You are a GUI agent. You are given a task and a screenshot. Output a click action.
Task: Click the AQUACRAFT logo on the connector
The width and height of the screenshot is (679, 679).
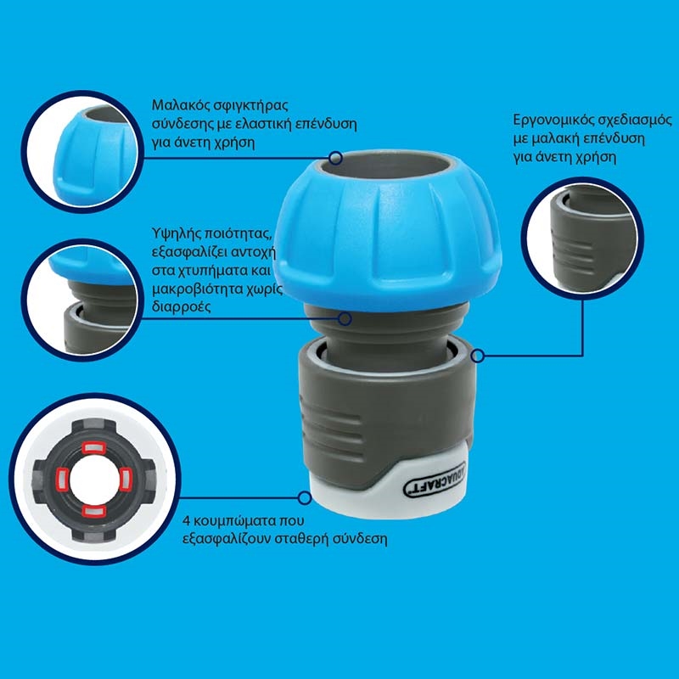click(435, 480)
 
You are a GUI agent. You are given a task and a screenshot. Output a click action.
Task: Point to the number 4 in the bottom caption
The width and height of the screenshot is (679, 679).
click(187, 520)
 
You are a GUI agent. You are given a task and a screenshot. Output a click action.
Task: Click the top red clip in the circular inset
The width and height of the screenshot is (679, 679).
click(95, 446)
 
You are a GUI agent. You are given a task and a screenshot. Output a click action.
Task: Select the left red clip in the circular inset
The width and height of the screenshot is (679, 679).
click(61, 480)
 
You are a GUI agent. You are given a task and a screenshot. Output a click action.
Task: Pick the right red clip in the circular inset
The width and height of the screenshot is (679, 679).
click(125, 480)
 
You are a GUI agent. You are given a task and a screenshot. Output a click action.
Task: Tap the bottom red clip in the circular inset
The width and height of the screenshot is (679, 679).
click(94, 512)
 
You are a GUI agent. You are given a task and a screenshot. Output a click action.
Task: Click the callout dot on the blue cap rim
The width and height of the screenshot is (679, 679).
click(335, 158)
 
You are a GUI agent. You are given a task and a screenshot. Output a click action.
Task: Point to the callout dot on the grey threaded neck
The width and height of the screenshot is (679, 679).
click(345, 319)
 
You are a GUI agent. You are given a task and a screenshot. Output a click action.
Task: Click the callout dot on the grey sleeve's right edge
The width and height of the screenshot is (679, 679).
click(478, 356)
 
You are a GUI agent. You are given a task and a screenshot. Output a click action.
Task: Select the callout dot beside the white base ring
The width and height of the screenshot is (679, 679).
click(305, 497)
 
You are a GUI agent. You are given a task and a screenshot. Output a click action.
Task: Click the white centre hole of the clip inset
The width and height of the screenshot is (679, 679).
click(94, 480)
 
